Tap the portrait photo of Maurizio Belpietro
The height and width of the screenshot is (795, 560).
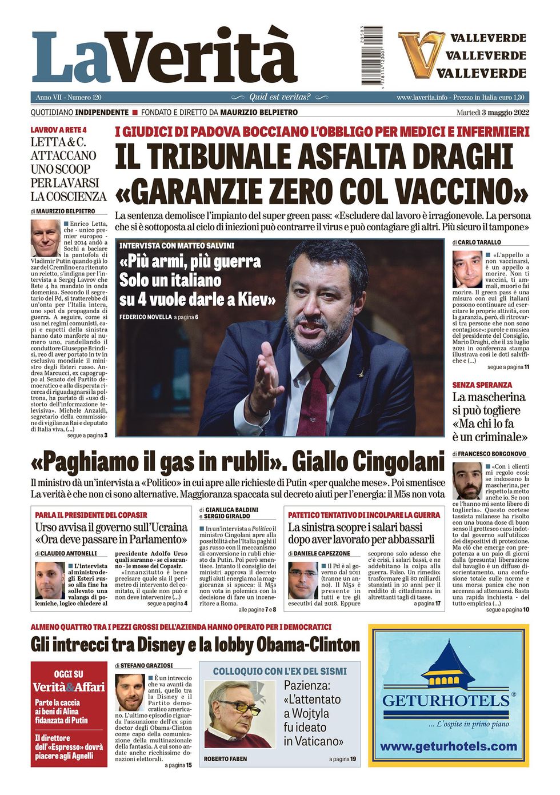tap(45, 238)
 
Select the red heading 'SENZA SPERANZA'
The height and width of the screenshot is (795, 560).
tap(482, 385)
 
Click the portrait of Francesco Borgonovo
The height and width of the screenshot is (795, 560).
tap(467, 480)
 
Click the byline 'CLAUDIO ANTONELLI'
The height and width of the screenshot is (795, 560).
tap(69, 553)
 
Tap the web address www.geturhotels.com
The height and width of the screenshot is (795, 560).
tap(449, 746)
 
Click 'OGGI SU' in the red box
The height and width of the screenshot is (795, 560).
tap(69, 674)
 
